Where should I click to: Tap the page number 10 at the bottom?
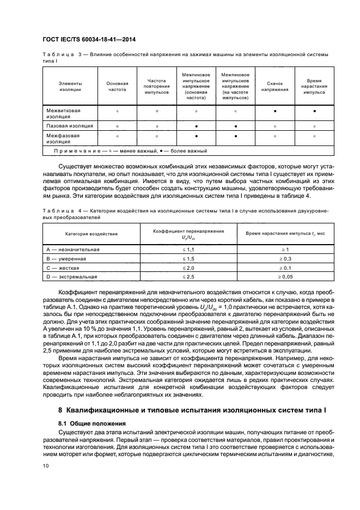[x=46, y=465]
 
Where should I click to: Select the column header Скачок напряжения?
[x=275, y=86]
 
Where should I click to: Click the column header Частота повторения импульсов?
[x=156, y=86]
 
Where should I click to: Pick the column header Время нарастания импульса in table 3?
[x=314, y=86]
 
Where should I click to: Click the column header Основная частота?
[x=117, y=86]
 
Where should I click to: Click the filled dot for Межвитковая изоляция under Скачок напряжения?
[x=275, y=111]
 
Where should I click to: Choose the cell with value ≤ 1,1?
[x=187, y=249]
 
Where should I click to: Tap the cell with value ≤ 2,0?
[x=187, y=268]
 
